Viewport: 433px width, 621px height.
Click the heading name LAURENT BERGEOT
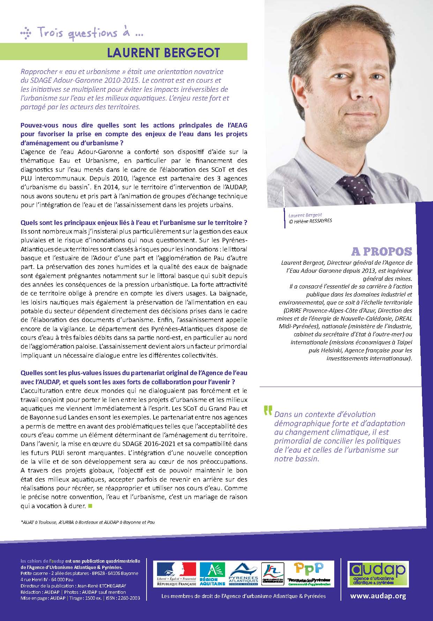163,52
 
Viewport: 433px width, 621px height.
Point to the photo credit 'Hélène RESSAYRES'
308,221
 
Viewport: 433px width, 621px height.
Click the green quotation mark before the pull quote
268,411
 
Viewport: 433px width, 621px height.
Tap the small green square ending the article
90,505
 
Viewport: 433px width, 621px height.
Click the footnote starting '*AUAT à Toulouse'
88,523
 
